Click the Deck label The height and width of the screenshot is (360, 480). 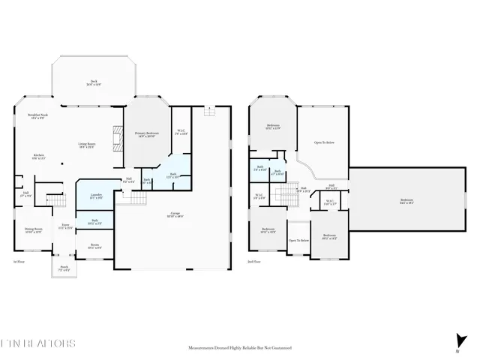tap(94, 83)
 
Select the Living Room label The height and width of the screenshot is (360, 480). tap(87, 145)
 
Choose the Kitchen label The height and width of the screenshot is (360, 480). tap(37, 157)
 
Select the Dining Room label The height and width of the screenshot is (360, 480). tap(32, 230)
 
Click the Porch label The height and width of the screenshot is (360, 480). tap(64, 267)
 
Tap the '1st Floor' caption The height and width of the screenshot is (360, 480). tap(19, 262)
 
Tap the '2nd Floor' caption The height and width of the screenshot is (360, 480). tap(256, 262)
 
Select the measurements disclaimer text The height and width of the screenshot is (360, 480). tap(239, 349)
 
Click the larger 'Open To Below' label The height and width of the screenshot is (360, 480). tap(324, 142)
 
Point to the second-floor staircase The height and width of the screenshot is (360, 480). tap(282, 196)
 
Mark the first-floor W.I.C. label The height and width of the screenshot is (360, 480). tap(181, 133)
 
